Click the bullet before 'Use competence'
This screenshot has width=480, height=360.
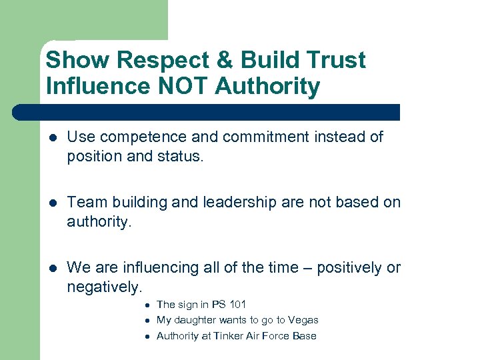[x=53, y=137]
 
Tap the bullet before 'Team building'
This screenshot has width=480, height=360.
[x=53, y=203]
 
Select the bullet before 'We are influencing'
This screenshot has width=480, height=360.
[x=53, y=268]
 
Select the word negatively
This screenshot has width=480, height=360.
[x=103, y=286]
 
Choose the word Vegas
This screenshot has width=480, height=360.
[x=303, y=320]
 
